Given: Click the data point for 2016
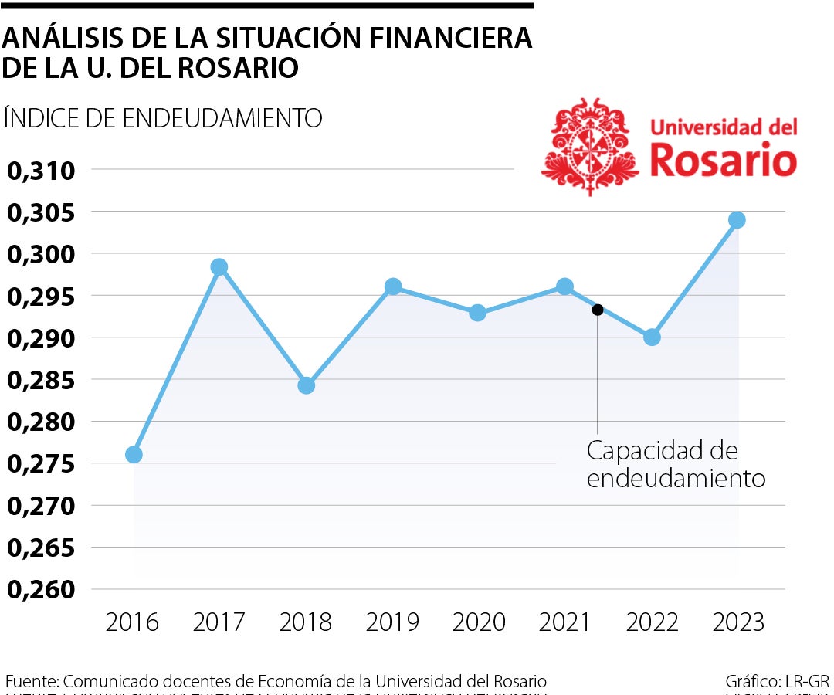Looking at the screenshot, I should [x=134, y=454].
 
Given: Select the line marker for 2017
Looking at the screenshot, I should [x=219, y=267].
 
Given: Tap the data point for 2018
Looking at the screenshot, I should [x=307, y=385].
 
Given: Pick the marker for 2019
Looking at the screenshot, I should [x=393, y=286].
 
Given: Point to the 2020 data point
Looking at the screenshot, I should [x=478, y=313].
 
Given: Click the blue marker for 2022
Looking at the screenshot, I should [x=652, y=337].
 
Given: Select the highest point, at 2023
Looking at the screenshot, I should [x=737, y=220].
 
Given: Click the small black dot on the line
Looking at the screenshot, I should [x=597, y=310].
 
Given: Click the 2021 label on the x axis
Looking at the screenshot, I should [x=565, y=622].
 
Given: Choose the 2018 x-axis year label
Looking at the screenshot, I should [x=306, y=622].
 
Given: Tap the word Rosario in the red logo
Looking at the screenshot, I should [x=723, y=160].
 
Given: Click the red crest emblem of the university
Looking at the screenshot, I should [x=592, y=147].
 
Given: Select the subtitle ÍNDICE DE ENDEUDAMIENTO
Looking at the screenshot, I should [x=163, y=118].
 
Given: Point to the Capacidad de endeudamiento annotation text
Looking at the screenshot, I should [x=675, y=464].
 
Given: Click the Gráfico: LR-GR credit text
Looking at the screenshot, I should [x=777, y=682].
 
